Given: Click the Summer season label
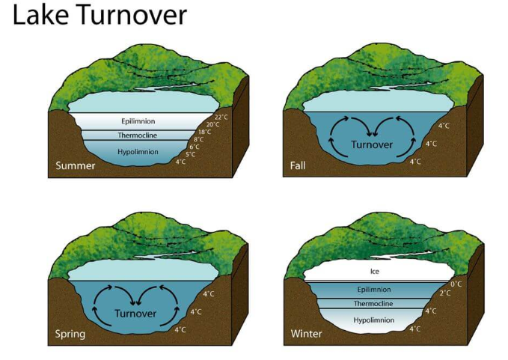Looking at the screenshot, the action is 76,165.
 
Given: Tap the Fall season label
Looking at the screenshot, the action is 298,165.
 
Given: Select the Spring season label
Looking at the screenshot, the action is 70,334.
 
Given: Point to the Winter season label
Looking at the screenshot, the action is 307,334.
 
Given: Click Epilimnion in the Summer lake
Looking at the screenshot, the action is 138,120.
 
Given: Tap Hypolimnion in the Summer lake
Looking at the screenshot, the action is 138,150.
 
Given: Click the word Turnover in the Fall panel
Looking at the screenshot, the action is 372,144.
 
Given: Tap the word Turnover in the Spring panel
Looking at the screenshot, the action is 135,313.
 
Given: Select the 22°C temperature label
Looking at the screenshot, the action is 221,117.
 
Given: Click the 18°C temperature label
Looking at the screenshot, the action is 205,132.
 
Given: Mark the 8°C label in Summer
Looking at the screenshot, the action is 198,139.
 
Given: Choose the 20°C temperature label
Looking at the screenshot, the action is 213,124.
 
